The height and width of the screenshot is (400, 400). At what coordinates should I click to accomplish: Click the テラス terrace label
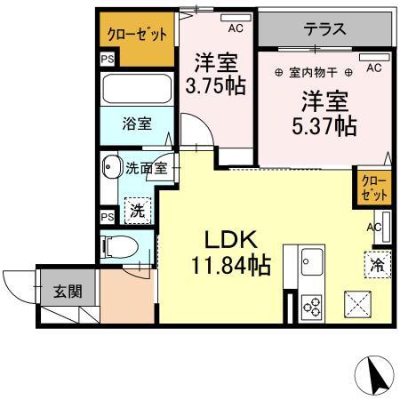[x=325, y=28]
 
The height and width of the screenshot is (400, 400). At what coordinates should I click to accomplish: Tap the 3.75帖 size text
[x=216, y=88]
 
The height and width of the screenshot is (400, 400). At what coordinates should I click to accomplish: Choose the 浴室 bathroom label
[x=136, y=124]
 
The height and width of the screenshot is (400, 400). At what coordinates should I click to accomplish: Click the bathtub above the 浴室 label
[x=136, y=89]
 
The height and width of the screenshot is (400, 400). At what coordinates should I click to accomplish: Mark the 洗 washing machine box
[x=137, y=211]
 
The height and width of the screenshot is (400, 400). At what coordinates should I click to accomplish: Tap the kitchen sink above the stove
[x=313, y=262]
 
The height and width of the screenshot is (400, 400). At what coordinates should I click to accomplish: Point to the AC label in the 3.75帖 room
[x=235, y=28]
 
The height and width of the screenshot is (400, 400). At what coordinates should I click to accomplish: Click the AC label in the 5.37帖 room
[x=374, y=68]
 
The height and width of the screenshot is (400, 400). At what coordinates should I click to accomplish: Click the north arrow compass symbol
[x=378, y=374]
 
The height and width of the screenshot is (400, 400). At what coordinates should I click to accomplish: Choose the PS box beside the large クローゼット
[x=107, y=60]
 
